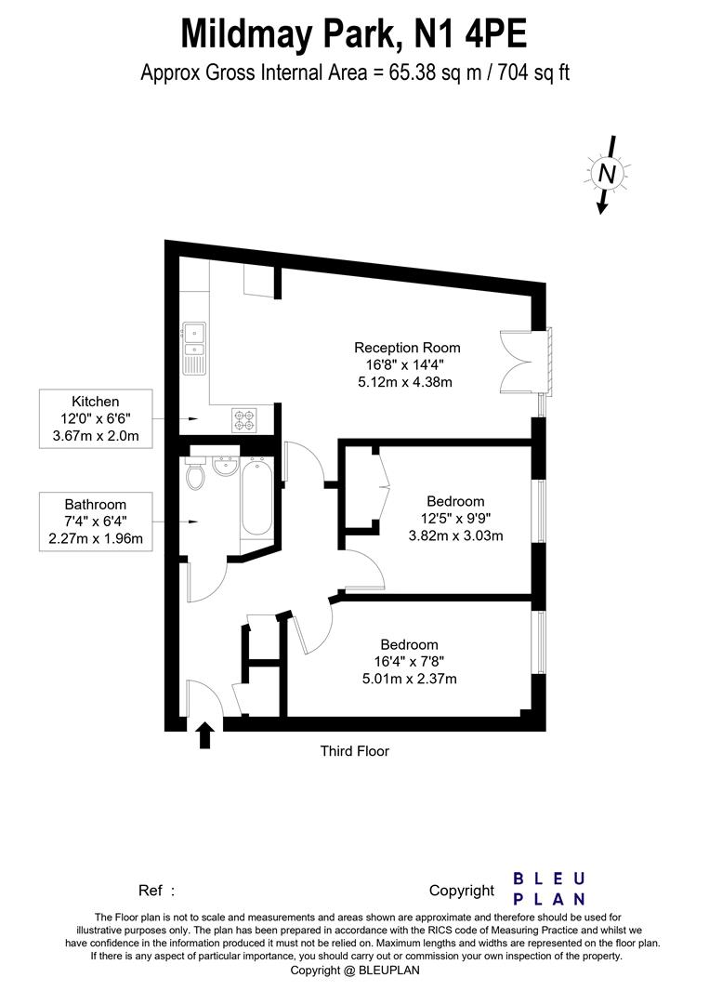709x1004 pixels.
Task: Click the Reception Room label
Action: pyautogui.click(x=407, y=348)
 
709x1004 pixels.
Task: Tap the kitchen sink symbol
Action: pyautogui.click(x=195, y=343)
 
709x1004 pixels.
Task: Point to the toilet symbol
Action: pyautogui.click(x=195, y=475)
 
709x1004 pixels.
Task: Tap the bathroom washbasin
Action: pyautogui.click(x=226, y=464)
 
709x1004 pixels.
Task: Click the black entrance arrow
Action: pyautogui.click(x=205, y=735)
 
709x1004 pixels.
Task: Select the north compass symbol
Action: pyautogui.click(x=606, y=173)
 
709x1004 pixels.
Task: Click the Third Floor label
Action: pyautogui.click(x=354, y=751)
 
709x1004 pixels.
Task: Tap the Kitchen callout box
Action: pyautogui.click(x=96, y=419)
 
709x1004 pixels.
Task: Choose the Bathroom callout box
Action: pyautogui.click(x=96, y=522)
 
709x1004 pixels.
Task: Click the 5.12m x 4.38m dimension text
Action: pyautogui.click(x=407, y=382)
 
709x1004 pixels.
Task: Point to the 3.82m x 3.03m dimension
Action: pyautogui.click(x=456, y=535)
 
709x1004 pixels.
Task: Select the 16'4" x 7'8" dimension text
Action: pyautogui.click(x=409, y=662)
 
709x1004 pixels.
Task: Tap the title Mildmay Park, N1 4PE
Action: pyautogui.click(x=354, y=34)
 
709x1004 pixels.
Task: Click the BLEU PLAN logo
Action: pyautogui.click(x=549, y=888)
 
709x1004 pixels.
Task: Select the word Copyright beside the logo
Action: pyautogui.click(x=461, y=891)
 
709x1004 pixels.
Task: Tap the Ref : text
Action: pyautogui.click(x=156, y=891)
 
